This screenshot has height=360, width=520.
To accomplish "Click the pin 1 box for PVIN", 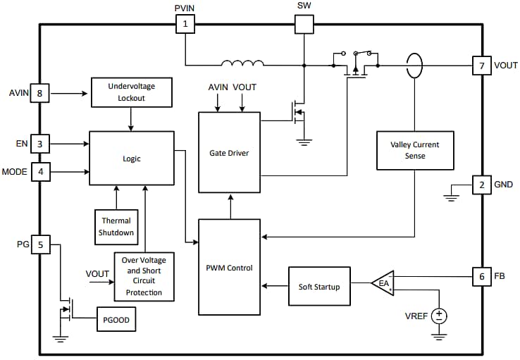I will click(x=185, y=25).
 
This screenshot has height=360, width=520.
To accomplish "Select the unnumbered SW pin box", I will click(x=304, y=25).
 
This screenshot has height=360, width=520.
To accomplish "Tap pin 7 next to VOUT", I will click(x=482, y=66).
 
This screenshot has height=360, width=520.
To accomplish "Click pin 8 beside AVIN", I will click(x=39, y=93).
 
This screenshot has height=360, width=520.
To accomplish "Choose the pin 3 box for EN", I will click(x=39, y=144).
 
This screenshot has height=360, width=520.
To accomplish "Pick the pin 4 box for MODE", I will click(x=39, y=171).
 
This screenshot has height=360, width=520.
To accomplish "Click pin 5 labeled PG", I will click(x=39, y=245).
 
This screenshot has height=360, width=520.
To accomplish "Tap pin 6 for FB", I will click(x=482, y=277).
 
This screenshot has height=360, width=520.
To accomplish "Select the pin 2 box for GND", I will click(x=482, y=185).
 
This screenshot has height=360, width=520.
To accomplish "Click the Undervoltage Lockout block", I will click(x=132, y=92).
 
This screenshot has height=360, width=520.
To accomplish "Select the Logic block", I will click(x=132, y=159).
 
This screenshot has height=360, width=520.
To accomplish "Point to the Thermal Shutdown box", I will click(x=115, y=226).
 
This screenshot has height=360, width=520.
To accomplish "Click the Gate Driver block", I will click(x=228, y=152).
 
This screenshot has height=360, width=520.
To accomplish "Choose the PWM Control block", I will click(x=228, y=267).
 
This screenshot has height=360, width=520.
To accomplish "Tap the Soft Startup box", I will click(x=319, y=287).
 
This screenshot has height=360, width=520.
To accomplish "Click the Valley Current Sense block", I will click(x=414, y=150).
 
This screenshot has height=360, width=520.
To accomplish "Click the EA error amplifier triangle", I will click(x=383, y=283).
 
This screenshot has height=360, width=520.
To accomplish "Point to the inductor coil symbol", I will click(x=243, y=66).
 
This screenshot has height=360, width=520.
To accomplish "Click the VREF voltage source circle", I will click(x=439, y=316).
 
